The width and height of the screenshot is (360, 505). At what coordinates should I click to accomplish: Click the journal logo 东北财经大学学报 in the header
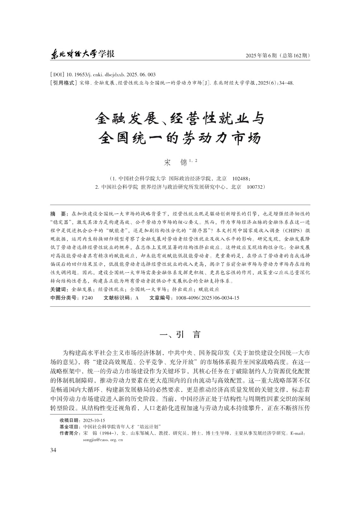pos(82,54)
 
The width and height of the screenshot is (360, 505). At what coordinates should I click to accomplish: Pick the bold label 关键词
pos(59,289)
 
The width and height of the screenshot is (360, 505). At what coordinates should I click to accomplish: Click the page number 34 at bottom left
pos(53,450)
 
